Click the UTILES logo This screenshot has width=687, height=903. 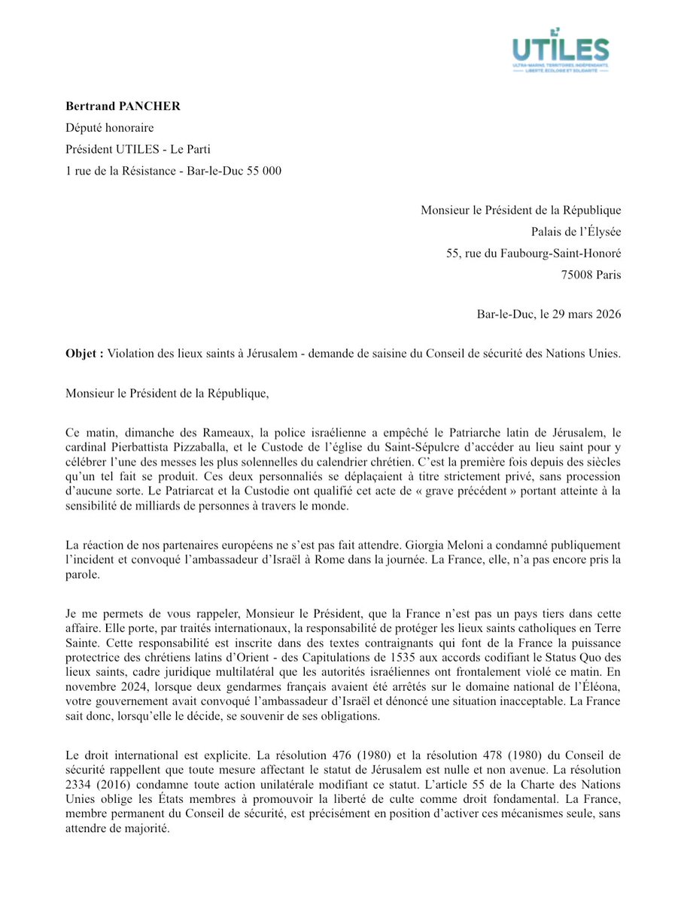[x=560, y=50]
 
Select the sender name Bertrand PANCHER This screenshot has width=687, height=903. [x=123, y=106]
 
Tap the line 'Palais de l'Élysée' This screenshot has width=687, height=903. [x=576, y=232]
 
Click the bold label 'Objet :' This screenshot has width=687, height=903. [x=84, y=354]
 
